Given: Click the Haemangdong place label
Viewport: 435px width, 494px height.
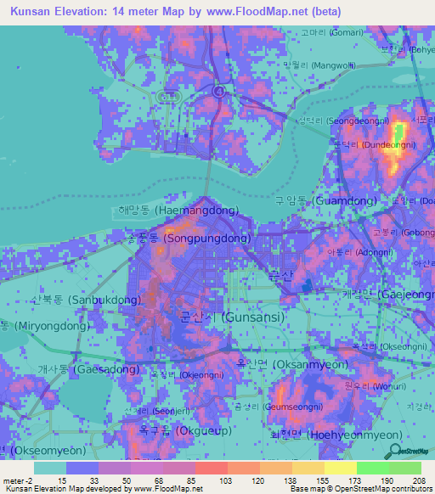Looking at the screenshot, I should click(178, 211).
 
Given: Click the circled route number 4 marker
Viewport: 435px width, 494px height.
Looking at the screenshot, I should click(220, 90).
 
